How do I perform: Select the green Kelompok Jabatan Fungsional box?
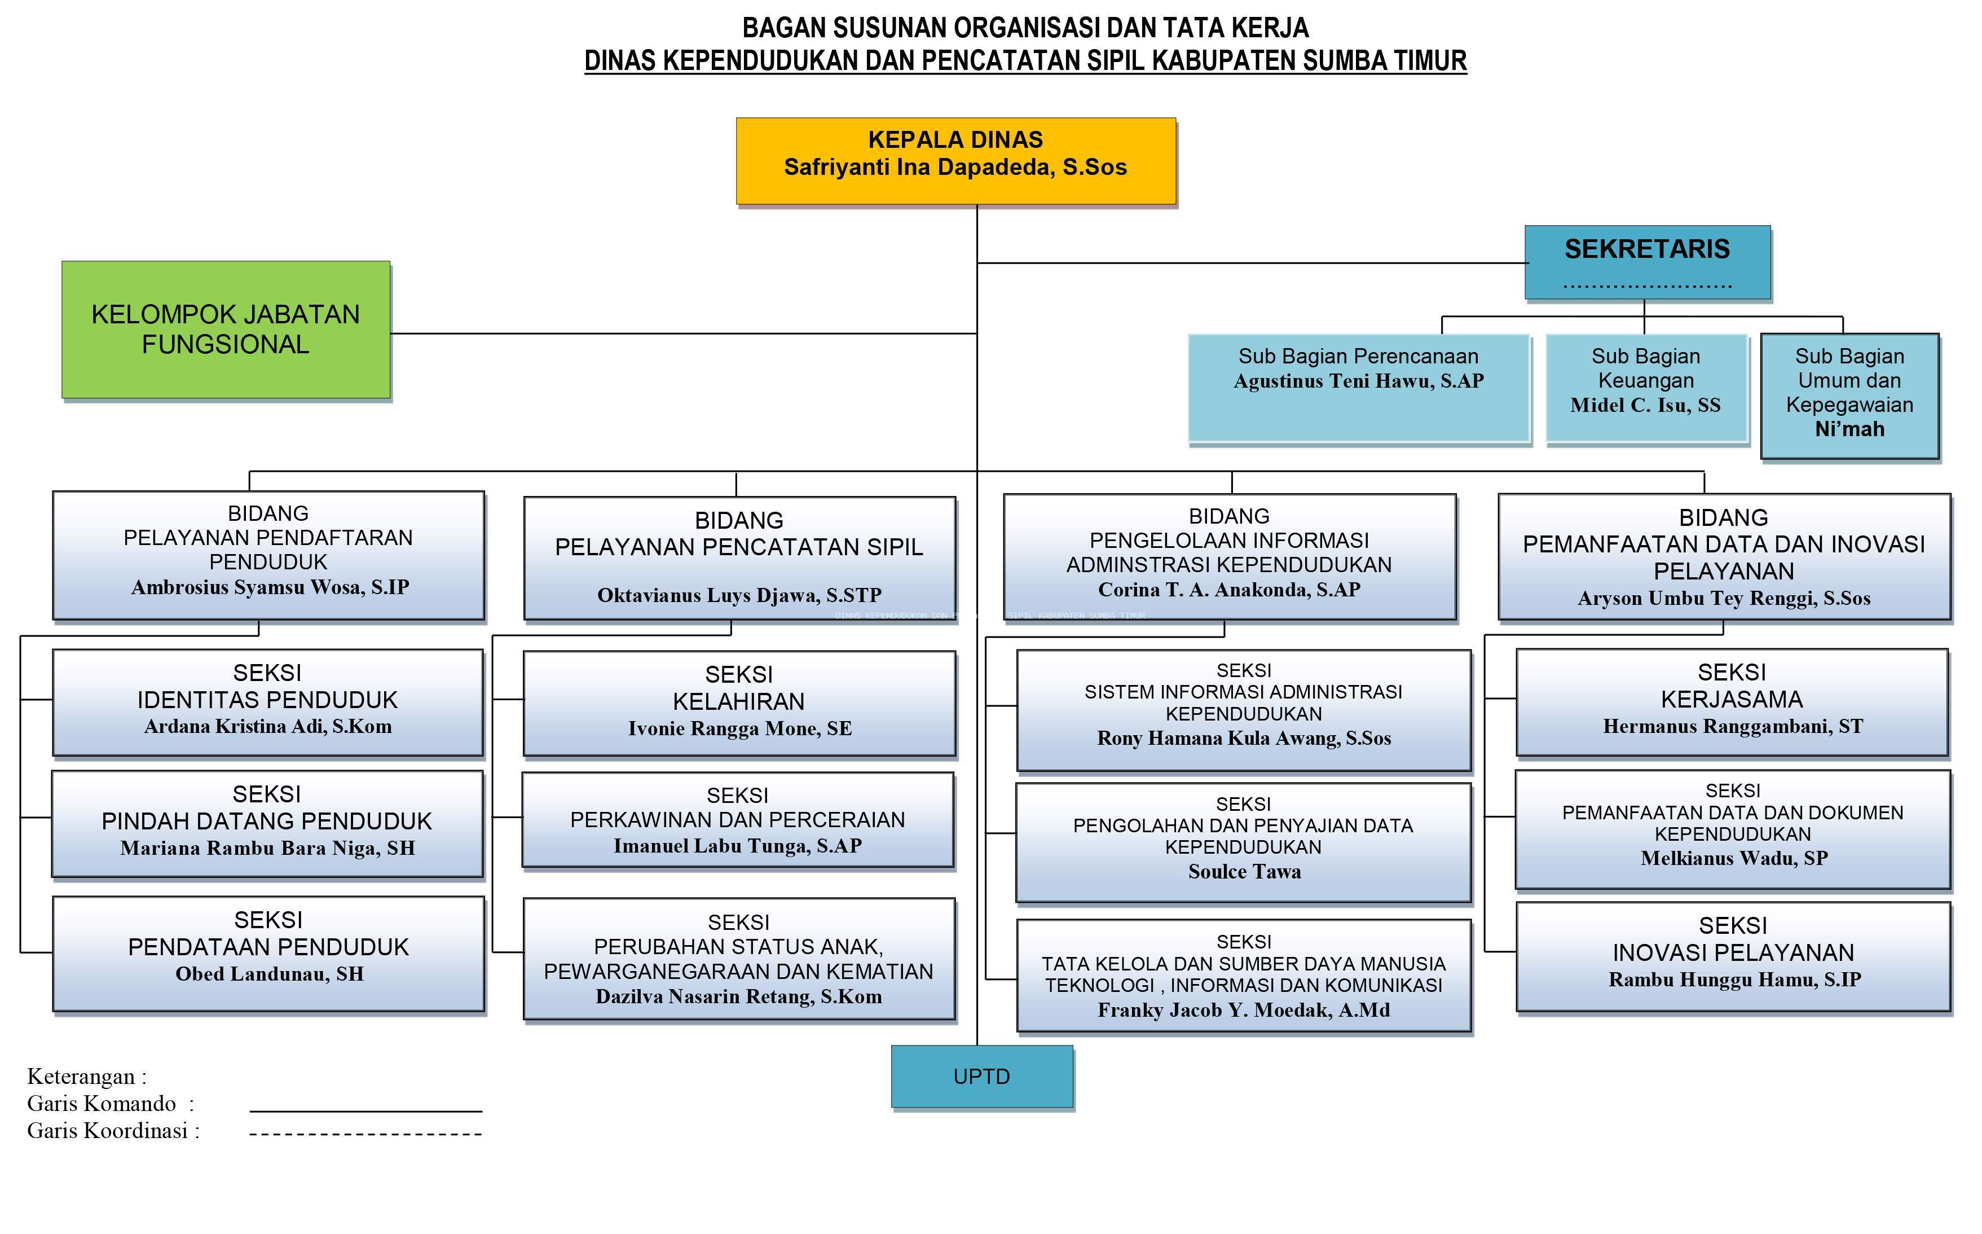[226, 330]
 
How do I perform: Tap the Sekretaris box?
[1647, 262]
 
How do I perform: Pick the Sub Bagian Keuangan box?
[1646, 388]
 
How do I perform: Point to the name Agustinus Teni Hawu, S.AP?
[1358, 381]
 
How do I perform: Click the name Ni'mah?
[1849, 429]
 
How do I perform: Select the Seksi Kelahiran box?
[739, 702]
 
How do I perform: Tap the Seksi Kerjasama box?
[1732, 702]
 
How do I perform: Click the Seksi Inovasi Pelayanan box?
[1733, 956]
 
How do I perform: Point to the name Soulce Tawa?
[1244, 872]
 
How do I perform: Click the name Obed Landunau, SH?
[269, 974]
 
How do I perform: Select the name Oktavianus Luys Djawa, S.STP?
[739, 595]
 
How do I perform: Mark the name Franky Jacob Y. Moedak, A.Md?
[1244, 1011]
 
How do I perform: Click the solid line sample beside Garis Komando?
[365, 1111]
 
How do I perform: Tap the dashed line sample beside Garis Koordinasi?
[365, 1134]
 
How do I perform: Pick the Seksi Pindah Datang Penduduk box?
[267, 823]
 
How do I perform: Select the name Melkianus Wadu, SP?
[1733, 858]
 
